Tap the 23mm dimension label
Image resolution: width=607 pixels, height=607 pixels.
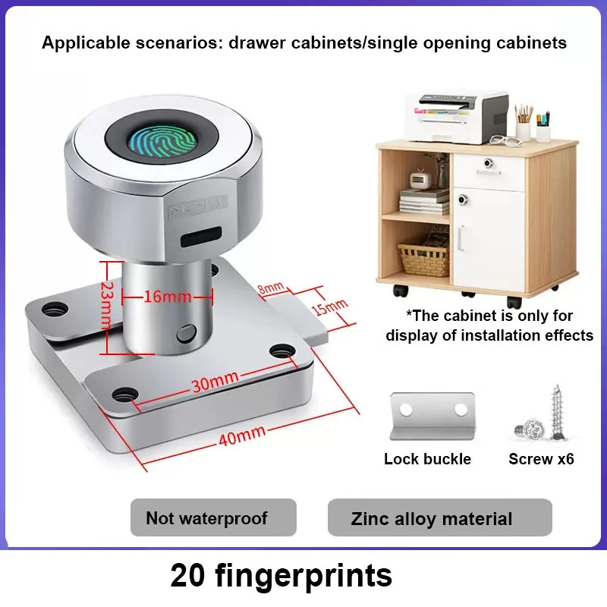[108, 308]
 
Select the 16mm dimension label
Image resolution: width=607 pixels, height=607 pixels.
[167, 297]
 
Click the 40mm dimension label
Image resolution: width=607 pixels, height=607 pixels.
[242, 435]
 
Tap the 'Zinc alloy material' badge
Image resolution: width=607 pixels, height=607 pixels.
[432, 519]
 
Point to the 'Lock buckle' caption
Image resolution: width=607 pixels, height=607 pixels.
[427, 459]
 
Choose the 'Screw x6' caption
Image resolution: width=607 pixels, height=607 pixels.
[541, 459]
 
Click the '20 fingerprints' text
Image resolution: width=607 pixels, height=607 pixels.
[281, 575]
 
